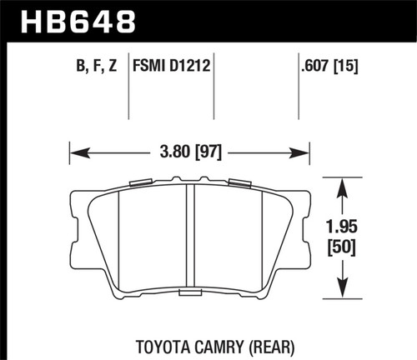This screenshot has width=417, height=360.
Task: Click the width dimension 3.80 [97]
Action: pos(189,152)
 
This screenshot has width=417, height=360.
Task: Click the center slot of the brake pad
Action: pos(189,237)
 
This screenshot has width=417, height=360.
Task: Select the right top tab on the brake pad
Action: pos(239,181)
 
